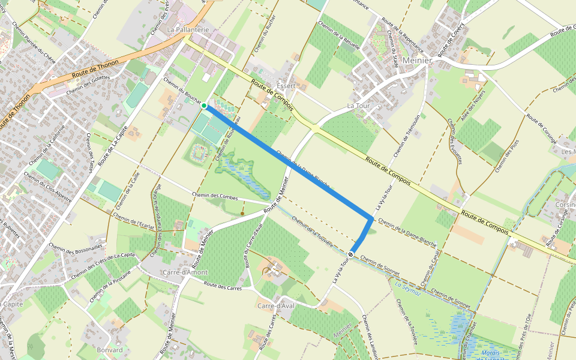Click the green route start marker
[x=204, y=106]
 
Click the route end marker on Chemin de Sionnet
[x=351, y=255]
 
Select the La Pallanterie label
[x=188, y=29]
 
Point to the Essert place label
[x=286, y=86]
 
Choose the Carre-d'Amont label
[x=185, y=272]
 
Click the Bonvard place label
[x=109, y=350]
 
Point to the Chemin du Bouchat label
[x=182, y=91]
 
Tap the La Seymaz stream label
[x=407, y=287]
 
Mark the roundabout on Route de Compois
[x=314, y=127]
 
